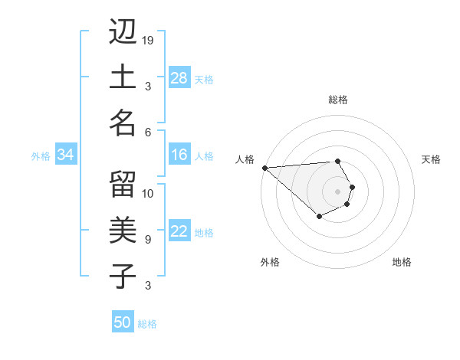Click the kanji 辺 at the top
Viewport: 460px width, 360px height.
[x=122, y=32]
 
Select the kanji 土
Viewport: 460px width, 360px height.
[x=122, y=77]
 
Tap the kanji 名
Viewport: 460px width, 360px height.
[x=122, y=123]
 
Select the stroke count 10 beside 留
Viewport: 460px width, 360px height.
[x=149, y=194]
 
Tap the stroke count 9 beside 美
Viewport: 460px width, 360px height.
[x=148, y=239]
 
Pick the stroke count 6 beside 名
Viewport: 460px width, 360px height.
[x=148, y=132]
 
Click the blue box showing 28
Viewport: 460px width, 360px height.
[x=179, y=78]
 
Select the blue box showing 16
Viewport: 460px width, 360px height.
[x=179, y=155]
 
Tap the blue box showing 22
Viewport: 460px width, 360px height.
[x=179, y=232]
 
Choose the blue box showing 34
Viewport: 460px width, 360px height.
[x=66, y=155]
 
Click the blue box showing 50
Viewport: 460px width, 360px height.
[x=123, y=322]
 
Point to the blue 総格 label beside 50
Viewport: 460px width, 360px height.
[x=147, y=324]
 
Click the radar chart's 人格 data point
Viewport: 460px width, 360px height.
[x=264, y=168]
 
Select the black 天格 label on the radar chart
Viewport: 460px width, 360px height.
[x=431, y=159]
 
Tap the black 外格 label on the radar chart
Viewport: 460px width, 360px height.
[x=270, y=262]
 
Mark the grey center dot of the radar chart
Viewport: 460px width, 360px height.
[x=337, y=191]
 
